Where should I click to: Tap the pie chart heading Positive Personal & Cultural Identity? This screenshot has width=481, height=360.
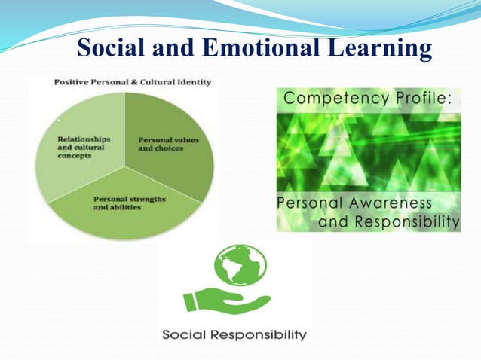tap(133, 81)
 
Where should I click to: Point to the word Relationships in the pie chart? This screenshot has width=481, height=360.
tap(84, 139)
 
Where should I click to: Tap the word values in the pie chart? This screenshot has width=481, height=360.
tap(180, 139)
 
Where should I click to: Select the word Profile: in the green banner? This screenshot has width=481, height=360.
tap(425, 99)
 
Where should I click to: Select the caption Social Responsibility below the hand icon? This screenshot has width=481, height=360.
tap(234, 334)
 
